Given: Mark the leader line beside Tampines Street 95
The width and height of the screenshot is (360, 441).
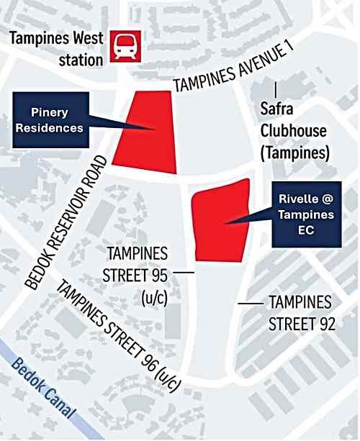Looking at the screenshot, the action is (183, 273).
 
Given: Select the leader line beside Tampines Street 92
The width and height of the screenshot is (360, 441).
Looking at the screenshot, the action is (251, 304).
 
